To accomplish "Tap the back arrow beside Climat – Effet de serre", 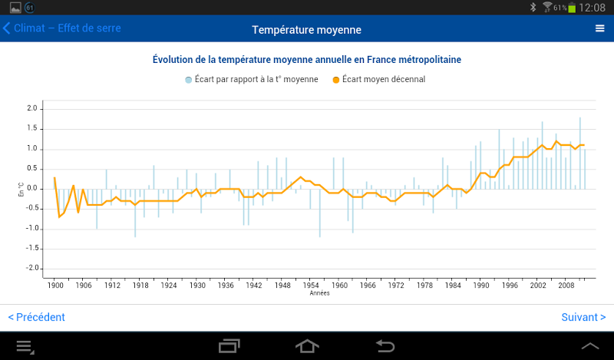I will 7,28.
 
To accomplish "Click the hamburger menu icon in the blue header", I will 600,28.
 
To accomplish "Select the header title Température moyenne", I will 306,30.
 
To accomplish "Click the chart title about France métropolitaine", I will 306,59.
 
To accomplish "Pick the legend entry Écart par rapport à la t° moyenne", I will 252,79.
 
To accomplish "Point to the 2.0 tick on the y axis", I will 31,108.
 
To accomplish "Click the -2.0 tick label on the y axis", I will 30,268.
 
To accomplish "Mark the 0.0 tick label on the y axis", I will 31,188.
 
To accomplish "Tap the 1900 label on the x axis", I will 55,285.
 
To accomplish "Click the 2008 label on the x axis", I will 566,285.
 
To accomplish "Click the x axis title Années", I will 320,293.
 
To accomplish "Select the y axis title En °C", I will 21,189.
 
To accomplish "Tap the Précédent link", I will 36,317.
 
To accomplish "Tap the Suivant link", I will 583,317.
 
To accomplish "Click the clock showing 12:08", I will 593,8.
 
